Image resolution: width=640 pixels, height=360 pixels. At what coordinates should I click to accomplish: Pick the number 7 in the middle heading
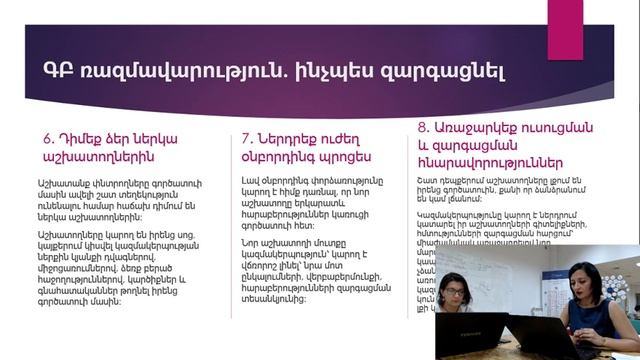[x=246, y=138]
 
